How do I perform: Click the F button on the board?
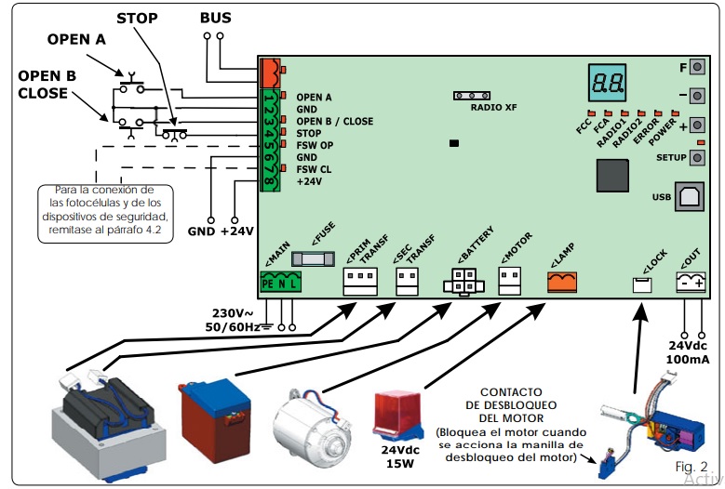(694, 68)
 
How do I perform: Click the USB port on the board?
(691, 196)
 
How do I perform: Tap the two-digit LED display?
(606, 83)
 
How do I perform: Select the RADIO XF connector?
(473, 96)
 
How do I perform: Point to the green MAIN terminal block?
(281, 283)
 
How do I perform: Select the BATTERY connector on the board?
(463, 283)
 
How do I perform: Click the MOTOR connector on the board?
(510, 281)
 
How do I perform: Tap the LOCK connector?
(642, 285)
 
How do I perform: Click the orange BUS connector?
(269, 71)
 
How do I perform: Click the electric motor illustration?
(306, 424)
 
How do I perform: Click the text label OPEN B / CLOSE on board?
(334, 121)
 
